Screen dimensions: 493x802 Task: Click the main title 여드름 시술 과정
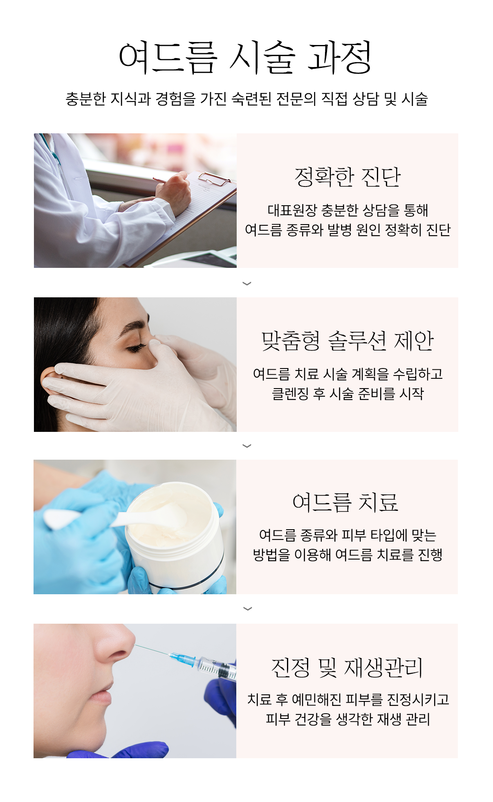[x=245, y=57]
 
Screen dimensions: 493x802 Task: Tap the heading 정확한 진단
[x=347, y=177]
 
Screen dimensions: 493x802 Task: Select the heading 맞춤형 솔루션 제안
[x=347, y=341]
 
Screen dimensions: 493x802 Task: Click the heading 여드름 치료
[x=346, y=502]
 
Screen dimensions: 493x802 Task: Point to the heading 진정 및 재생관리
[x=347, y=668]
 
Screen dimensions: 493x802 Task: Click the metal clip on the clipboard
[x=214, y=178]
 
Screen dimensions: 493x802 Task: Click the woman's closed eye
[x=137, y=348]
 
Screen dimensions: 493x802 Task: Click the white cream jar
[x=176, y=536]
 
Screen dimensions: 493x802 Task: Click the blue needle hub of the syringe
[x=183, y=658]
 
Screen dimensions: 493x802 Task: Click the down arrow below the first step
[x=247, y=283]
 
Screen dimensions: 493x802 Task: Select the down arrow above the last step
[x=247, y=609]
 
